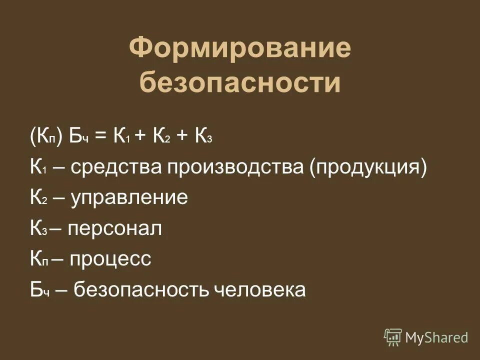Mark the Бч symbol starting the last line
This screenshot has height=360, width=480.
coord(38,289)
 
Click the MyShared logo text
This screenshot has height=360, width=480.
coord(436,337)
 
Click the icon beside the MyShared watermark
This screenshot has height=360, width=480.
coord(393,337)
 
